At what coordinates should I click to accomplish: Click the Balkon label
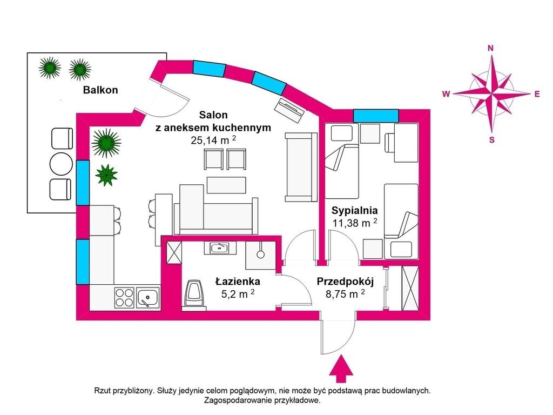click(100, 90)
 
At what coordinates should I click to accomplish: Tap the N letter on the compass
click(490, 48)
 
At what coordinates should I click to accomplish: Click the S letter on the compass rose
click(491, 140)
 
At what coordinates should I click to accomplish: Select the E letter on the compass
click(537, 94)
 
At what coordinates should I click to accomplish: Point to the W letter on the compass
click(446, 94)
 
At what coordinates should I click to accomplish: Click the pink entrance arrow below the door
click(341, 369)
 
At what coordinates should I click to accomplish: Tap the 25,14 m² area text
click(213, 140)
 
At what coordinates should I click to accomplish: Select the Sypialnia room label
click(354, 211)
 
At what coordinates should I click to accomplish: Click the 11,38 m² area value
click(355, 223)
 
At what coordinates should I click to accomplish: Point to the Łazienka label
click(238, 281)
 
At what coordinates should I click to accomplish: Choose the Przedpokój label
click(345, 282)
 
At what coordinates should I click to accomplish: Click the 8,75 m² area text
click(345, 294)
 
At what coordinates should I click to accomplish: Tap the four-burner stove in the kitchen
click(125, 298)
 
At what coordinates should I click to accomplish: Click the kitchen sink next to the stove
click(148, 298)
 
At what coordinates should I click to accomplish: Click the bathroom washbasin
click(219, 248)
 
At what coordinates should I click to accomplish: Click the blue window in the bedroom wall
click(376, 116)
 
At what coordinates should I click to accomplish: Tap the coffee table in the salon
click(226, 185)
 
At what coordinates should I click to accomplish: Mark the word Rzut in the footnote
click(102, 391)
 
